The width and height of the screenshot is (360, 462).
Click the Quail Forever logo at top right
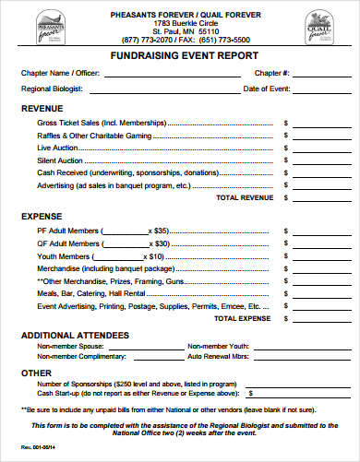(322, 26)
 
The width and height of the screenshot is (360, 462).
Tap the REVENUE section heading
(42, 107)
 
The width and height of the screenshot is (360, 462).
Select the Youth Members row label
(64, 255)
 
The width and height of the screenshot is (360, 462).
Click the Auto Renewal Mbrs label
(219, 354)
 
